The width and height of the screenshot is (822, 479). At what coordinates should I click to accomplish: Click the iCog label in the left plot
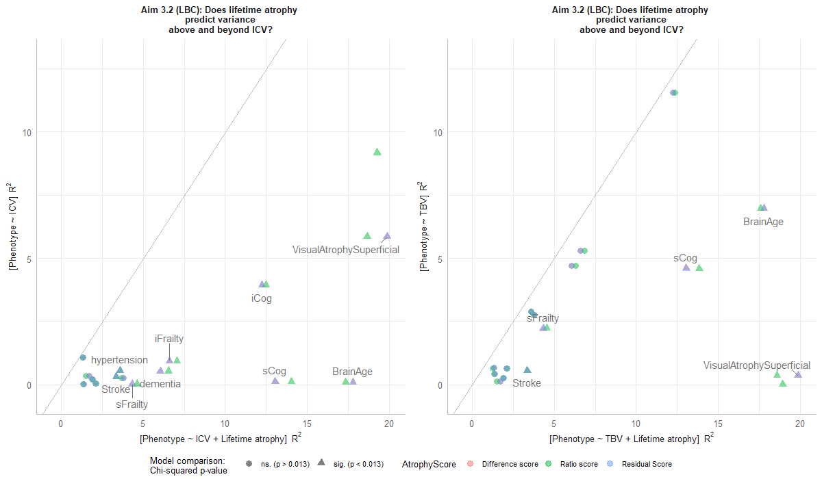262,298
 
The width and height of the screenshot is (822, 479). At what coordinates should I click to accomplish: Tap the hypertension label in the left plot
119,360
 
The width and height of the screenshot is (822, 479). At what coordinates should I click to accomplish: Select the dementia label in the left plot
160,384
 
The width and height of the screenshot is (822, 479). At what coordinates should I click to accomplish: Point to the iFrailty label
169,339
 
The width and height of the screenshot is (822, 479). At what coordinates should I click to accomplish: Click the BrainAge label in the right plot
763,222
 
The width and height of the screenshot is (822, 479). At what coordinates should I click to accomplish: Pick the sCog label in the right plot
685,258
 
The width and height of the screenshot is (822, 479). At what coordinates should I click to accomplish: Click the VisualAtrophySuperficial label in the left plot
346,250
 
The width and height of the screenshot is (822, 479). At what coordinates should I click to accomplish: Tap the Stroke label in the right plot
527,383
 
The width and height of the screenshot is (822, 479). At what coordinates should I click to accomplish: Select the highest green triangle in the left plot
377,152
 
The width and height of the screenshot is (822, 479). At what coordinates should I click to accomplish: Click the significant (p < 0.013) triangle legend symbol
321,465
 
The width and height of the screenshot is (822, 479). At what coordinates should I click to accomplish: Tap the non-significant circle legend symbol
249,465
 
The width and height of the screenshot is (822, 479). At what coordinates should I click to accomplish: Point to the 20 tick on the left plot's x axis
389,424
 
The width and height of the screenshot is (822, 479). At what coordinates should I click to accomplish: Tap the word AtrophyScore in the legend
429,465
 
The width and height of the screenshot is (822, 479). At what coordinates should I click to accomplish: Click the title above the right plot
630,20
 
